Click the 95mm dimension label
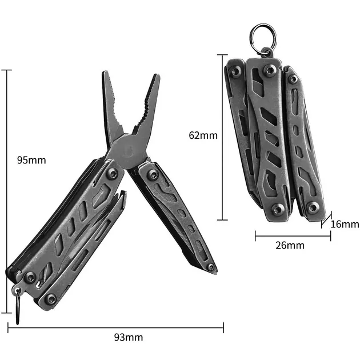coord(31,160)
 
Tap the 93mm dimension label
coord(129,337)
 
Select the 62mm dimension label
coord(203,135)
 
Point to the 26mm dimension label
coord(290,246)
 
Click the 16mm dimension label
coord(345,224)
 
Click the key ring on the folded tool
coord(263,37)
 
